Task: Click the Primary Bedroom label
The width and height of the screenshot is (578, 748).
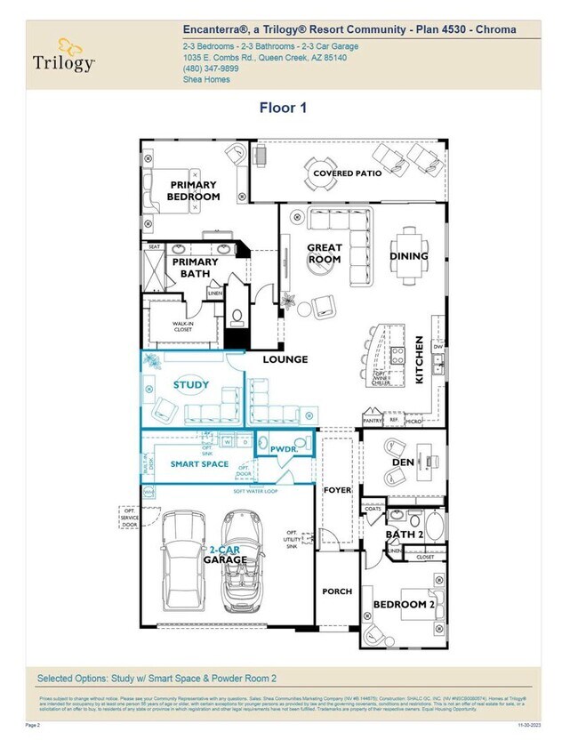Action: point(194,191)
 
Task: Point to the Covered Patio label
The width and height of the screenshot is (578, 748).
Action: point(347,173)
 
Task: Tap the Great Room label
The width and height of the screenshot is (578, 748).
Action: point(325,253)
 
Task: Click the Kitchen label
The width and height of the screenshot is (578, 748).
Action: point(420,359)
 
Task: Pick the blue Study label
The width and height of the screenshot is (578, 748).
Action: point(191,385)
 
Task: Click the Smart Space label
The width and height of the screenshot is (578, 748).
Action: point(199,464)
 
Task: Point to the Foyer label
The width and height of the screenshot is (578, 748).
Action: point(338,490)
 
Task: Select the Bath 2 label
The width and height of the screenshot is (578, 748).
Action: point(404,535)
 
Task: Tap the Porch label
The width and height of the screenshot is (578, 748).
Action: point(337,591)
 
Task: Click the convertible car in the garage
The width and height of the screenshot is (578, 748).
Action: point(239,556)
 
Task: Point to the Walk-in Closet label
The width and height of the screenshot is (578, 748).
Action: point(182,327)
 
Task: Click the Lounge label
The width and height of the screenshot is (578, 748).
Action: point(285,359)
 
